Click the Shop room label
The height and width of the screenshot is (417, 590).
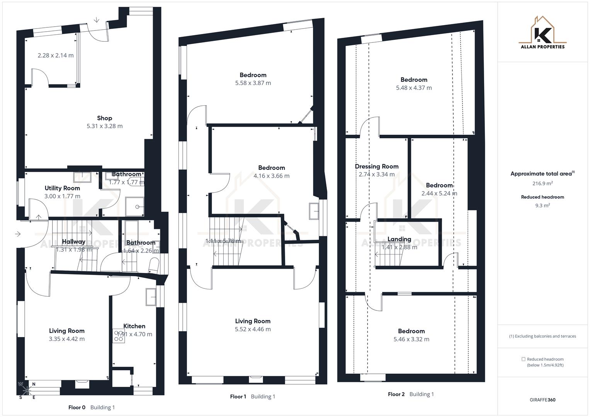(x=104, y=118)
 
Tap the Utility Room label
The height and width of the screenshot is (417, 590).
(x=62, y=188)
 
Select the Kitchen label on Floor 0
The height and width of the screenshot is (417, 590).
(x=134, y=326)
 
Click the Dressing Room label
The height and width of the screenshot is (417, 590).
(x=377, y=166)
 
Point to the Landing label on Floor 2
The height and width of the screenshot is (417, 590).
(x=399, y=239)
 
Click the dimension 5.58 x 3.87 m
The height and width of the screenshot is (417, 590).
(x=253, y=83)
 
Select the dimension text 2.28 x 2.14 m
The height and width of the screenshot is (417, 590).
(x=56, y=55)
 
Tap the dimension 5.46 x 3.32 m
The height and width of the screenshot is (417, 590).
(x=411, y=339)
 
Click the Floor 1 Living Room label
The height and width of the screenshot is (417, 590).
(x=253, y=321)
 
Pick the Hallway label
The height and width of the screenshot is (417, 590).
(x=73, y=242)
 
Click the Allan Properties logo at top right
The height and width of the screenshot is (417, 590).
(x=542, y=33)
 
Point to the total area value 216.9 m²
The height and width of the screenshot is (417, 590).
(x=542, y=183)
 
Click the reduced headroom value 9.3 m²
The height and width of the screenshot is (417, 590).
(x=542, y=205)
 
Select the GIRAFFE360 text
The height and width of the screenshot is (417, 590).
(x=542, y=400)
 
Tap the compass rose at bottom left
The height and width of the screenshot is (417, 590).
(x=26, y=391)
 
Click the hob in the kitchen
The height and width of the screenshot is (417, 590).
(x=119, y=336)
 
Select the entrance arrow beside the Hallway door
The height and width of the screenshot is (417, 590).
(x=18, y=234)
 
